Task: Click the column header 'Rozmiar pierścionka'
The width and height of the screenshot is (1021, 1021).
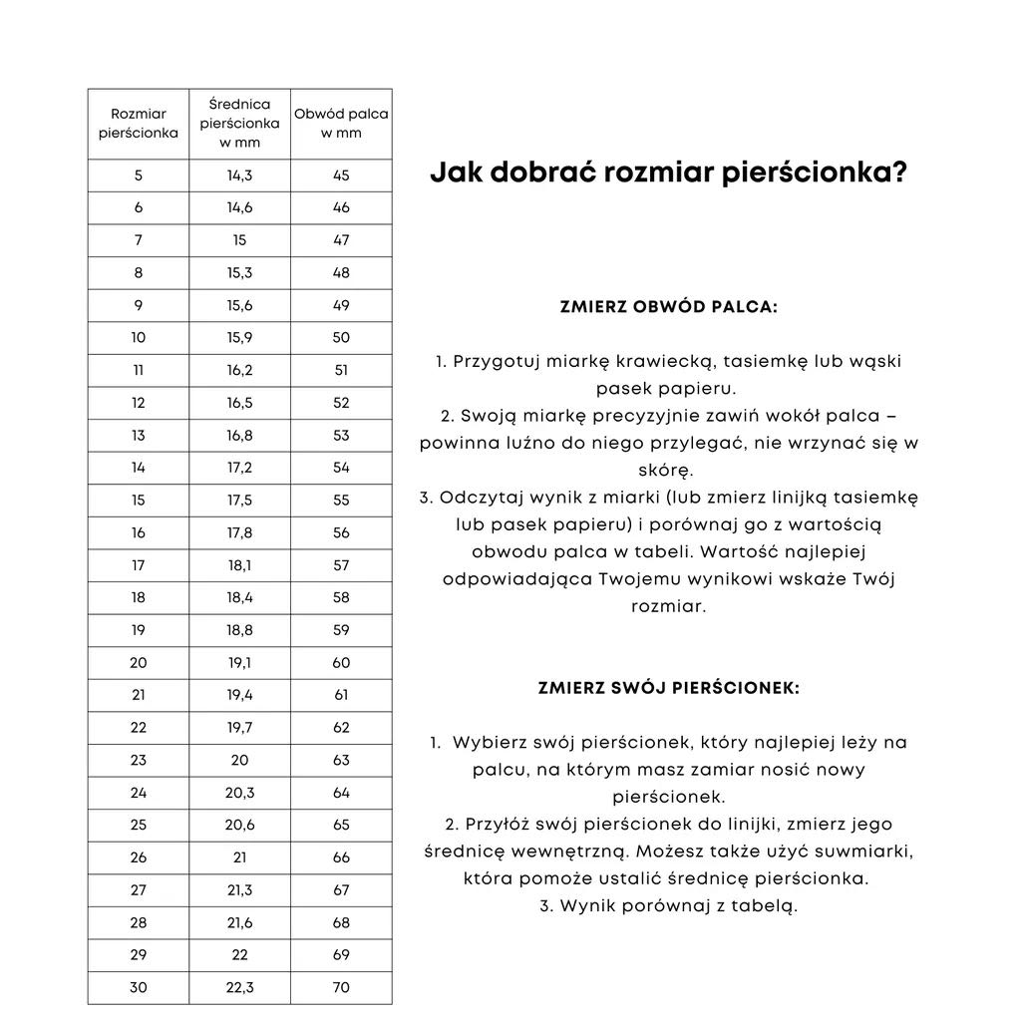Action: pyautogui.click(x=139, y=124)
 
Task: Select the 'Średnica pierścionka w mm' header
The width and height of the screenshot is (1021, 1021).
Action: pyautogui.click(x=239, y=124)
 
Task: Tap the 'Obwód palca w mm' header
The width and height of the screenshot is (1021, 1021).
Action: pyautogui.click(x=341, y=124)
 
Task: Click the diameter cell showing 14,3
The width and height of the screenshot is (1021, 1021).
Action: pyautogui.click(x=239, y=175)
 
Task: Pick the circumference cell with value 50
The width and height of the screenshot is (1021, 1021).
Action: pyautogui.click(x=341, y=338)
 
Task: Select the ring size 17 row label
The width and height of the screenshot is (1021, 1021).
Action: pyautogui.click(x=139, y=565)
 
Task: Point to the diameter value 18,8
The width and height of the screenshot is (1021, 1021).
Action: pyautogui.click(x=239, y=630)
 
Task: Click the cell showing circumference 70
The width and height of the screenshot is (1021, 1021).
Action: pyautogui.click(x=341, y=988)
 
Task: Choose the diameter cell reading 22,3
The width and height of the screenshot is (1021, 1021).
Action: pyautogui.click(x=239, y=988)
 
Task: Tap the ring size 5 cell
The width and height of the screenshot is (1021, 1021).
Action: pyautogui.click(x=139, y=175)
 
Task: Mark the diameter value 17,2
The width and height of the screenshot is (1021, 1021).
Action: pyautogui.click(x=239, y=468)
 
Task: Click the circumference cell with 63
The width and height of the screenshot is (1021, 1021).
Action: pyautogui.click(x=341, y=760)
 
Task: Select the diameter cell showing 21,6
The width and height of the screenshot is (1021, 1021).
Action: pyautogui.click(x=239, y=923)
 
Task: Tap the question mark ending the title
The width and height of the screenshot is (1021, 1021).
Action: pyautogui.click(x=898, y=173)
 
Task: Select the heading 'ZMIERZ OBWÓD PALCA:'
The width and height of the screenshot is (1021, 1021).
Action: pyautogui.click(x=669, y=308)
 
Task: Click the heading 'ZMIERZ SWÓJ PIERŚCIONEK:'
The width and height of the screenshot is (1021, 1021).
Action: pyautogui.click(x=669, y=688)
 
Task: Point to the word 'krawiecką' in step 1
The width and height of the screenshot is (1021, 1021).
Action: pyautogui.click(x=669, y=361)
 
